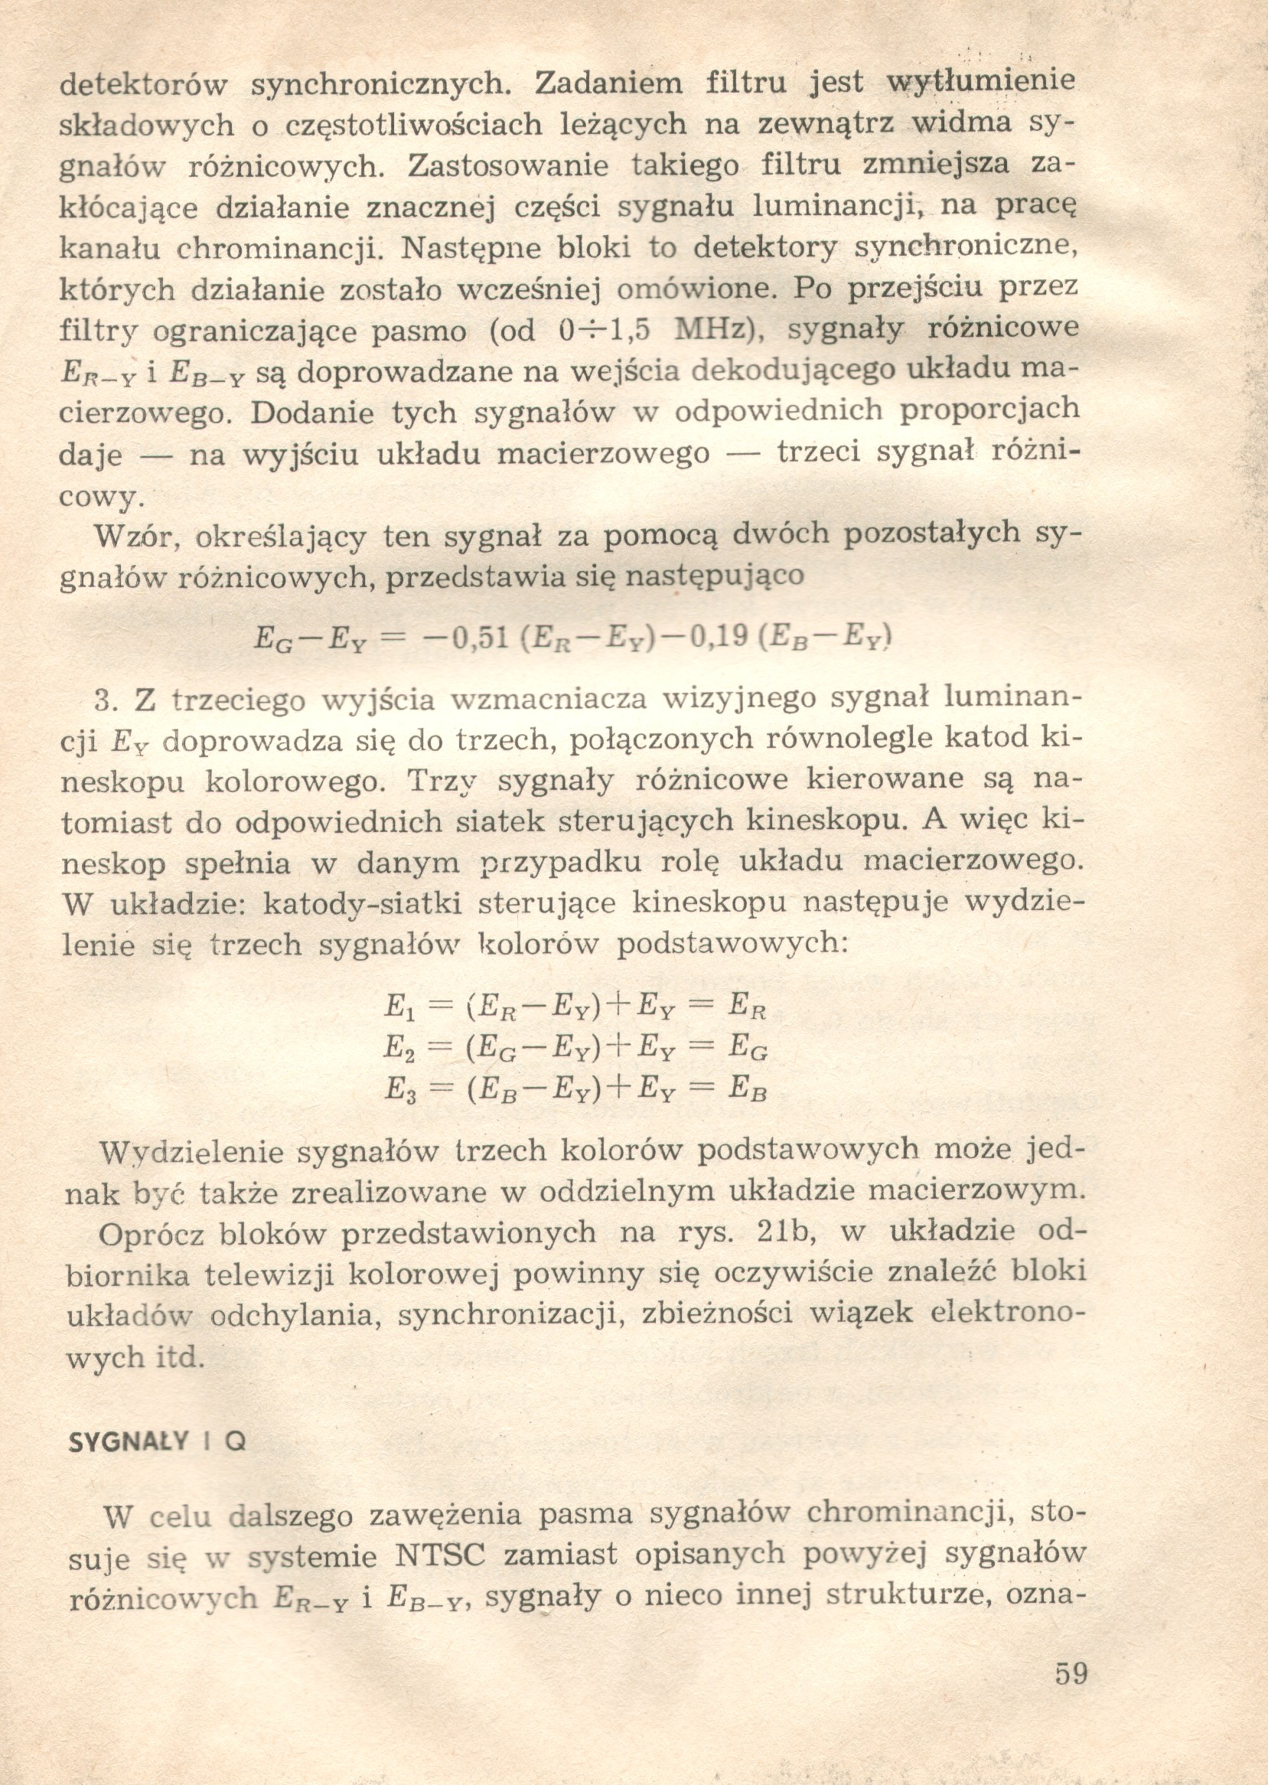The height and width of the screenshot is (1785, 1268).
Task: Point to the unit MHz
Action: tap(712, 329)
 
